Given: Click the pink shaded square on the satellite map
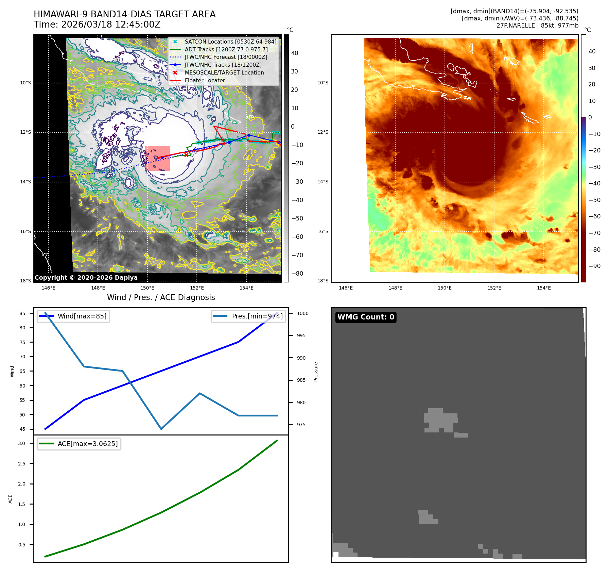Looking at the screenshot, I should pyautogui.click(x=157, y=158).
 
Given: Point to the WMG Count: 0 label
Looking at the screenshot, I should pyautogui.click(x=366, y=317).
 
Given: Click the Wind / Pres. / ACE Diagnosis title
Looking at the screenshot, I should pyautogui.click(x=161, y=297).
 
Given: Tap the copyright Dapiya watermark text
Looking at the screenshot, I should pyautogui.click(x=86, y=277).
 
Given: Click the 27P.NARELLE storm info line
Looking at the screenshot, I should pyautogui.click(x=537, y=26).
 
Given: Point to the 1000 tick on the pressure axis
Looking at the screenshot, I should pyautogui.click(x=302, y=313).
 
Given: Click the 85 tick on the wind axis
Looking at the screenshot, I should pyautogui.click(x=22, y=313).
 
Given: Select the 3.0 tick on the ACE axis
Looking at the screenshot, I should pyautogui.click(x=22, y=443).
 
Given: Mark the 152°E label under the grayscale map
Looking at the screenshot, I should pyautogui.click(x=197, y=288).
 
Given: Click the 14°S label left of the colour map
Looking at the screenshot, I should pyautogui.click(x=323, y=182).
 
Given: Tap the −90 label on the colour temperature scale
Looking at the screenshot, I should pyautogui.click(x=594, y=266).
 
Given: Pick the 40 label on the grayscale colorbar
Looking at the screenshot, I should pyautogui.click(x=295, y=53).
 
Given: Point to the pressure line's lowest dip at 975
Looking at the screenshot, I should pyautogui.click(x=161, y=429).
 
